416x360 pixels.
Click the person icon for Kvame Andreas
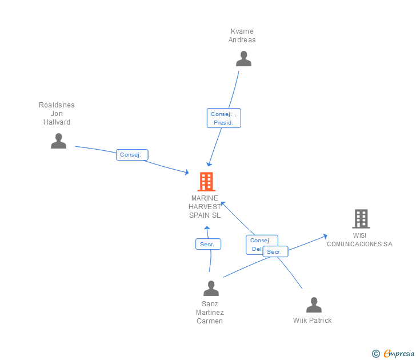coord(243,58)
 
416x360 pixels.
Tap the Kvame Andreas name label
coord(242,35)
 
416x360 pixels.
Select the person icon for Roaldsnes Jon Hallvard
coord(58,141)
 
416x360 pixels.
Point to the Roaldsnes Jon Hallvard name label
coord(57,113)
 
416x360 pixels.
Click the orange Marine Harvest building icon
coord(206,181)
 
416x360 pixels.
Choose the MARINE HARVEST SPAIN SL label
coord(205,207)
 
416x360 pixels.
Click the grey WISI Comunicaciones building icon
coord(361,218)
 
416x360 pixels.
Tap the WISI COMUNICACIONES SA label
coord(359,240)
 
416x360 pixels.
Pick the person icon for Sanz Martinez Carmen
coord(211,288)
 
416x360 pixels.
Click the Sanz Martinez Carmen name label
coord(210,312)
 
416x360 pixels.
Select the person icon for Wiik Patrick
coord(314,305)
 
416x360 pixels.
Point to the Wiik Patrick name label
coord(312,321)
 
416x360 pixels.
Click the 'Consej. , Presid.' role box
coord(223,118)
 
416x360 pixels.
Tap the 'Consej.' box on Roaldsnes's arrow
coord(132,154)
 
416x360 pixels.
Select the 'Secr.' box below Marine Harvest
coord(208,244)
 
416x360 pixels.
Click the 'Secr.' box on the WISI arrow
coord(275,251)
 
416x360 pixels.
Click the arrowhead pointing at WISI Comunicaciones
coord(325,235)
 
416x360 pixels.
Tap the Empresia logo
coord(398,353)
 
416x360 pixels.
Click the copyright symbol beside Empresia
coord(375,354)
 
